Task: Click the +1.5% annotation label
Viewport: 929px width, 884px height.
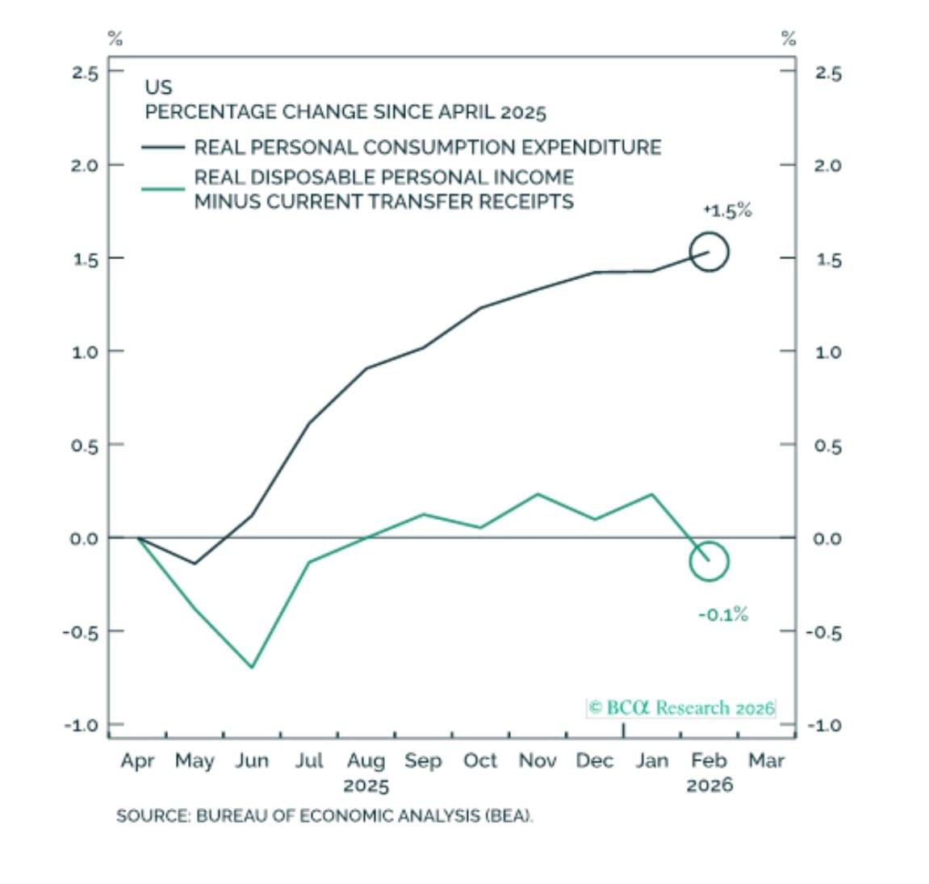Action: pyautogui.click(x=727, y=211)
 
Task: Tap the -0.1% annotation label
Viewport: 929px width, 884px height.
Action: pyautogui.click(x=723, y=615)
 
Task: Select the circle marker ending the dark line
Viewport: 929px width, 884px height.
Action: pyautogui.click(x=709, y=252)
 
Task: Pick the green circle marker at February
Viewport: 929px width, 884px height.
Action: pyautogui.click(x=709, y=561)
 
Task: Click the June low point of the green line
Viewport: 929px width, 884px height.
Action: pyautogui.click(x=252, y=667)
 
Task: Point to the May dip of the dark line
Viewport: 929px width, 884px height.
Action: pyautogui.click(x=195, y=563)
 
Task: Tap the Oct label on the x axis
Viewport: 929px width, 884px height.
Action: pyautogui.click(x=480, y=761)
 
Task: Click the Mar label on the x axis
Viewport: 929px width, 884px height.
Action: pyautogui.click(x=766, y=761)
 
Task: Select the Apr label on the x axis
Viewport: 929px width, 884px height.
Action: pyautogui.click(x=137, y=761)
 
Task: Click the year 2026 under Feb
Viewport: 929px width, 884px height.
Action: pyautogui.click(x=709, y=786)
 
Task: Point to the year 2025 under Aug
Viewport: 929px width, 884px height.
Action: pyautogui.click(x=366, y=786)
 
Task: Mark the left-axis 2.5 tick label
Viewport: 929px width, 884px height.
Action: pyautogui.click(x=85, y=73)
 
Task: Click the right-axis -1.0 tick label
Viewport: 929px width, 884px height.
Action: pyautogui.click(x=824, y=725)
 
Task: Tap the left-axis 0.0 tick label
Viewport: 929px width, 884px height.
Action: pyautogui.click(x=83, y=538)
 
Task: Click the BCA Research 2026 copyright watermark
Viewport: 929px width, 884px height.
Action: pyautogui.click(x=681, y=708)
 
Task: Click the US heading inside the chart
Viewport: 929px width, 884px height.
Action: pyautogui.click(x=158, y=87)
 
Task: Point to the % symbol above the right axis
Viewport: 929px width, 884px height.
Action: pyautogui.click(x=789, y=38)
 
